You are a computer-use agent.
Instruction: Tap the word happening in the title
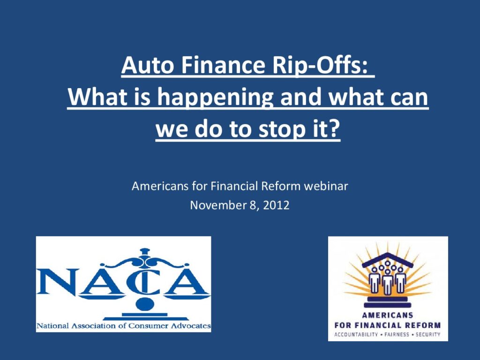tap(215, 98)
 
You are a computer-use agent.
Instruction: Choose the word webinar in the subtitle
tap(326, 186)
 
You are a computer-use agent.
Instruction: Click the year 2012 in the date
tap(276, 205)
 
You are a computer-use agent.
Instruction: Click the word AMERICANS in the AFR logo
tap(387, 315)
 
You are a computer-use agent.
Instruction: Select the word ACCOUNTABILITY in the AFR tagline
tap(356, 335)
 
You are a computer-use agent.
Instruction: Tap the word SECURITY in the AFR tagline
tap(427, 335)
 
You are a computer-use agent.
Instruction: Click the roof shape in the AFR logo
tap(388, 259)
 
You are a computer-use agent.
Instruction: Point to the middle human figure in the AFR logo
tap(388, 282)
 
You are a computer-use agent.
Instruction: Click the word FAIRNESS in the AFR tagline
tap(397, 335)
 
